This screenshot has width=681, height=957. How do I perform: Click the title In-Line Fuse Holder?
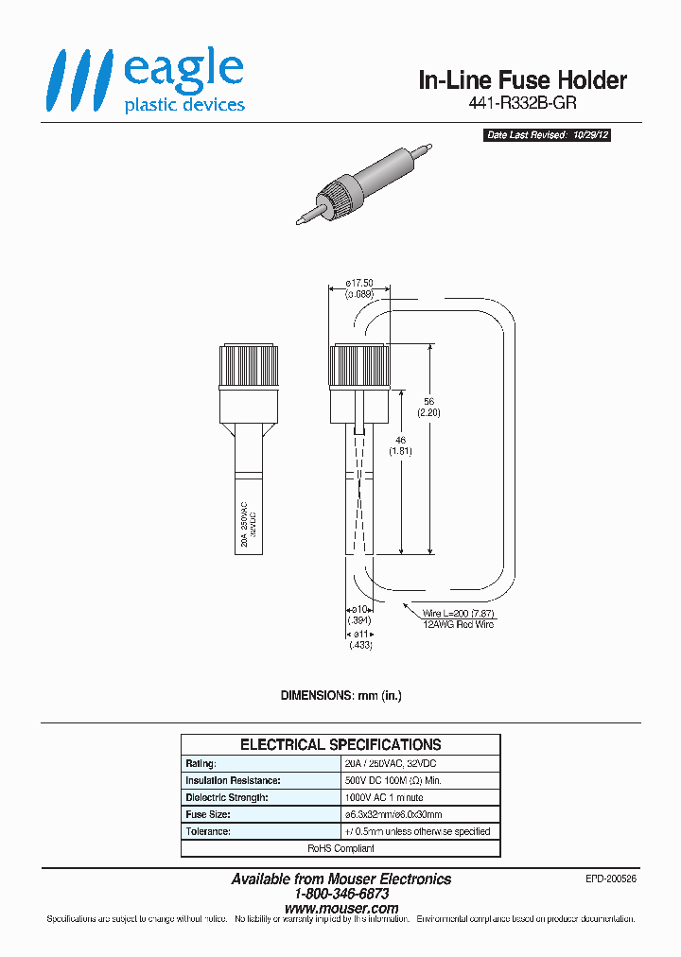click(522, 80)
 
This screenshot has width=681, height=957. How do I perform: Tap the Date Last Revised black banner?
click(548, 135)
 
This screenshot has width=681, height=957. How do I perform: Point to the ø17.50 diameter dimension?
click(359, 283)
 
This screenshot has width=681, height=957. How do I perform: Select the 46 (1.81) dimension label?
click(402, 445)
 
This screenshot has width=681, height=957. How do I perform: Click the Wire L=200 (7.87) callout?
click(458, 614)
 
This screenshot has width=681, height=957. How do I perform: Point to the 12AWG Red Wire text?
click(458, 624)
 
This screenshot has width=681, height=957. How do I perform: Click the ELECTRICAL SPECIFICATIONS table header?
click(340, 744)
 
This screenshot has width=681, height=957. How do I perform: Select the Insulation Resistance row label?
click(233, 780)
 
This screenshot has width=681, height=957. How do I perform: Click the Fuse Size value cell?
click(394, 814)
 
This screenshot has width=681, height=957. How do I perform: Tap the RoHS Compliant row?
click(340, 848)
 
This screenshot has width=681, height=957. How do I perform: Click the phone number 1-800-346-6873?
click(341, 894)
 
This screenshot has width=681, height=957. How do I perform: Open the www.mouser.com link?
click(341, 908)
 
